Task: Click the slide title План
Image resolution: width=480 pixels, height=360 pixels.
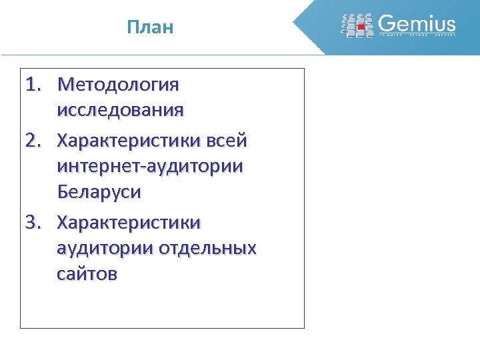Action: point(150,27)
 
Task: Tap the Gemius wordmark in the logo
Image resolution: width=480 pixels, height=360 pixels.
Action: point(417,24)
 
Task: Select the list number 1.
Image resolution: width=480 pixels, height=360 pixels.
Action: point(33,85)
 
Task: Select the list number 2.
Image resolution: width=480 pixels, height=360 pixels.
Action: point(33,141)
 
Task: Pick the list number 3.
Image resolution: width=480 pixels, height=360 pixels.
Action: point(33,221)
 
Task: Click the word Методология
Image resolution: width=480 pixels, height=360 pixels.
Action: point(119,85)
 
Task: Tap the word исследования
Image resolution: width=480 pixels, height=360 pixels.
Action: point(120,110)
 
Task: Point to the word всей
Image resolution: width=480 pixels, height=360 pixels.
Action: point(227,141)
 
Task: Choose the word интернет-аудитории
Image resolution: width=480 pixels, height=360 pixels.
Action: point(150,167)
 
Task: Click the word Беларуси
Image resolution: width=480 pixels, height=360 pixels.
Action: point(99,193)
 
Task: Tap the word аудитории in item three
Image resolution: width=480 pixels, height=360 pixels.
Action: point(104,248)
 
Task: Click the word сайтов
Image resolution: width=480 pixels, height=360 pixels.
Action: point(87,273)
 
